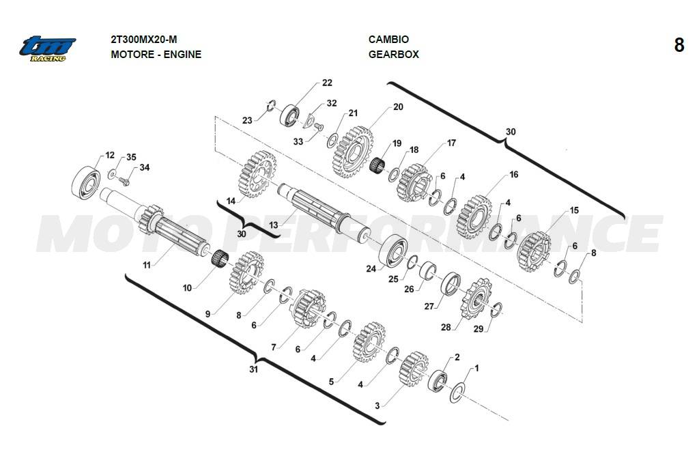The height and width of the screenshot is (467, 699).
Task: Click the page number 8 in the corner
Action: (x=679, y=45)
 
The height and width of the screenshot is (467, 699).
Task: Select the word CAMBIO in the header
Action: (x=388, y=40)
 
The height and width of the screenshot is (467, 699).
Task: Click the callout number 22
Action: (x=327, y=83)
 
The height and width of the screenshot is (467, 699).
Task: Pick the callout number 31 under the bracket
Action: (x=253, y=369)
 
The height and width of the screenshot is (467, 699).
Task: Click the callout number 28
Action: (x=446, y=327)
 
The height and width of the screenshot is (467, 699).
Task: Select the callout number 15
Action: (x=574, y=210)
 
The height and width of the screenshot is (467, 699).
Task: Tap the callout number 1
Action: (x=476, y=368)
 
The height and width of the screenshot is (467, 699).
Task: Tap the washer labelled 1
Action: (x=457, y=391)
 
